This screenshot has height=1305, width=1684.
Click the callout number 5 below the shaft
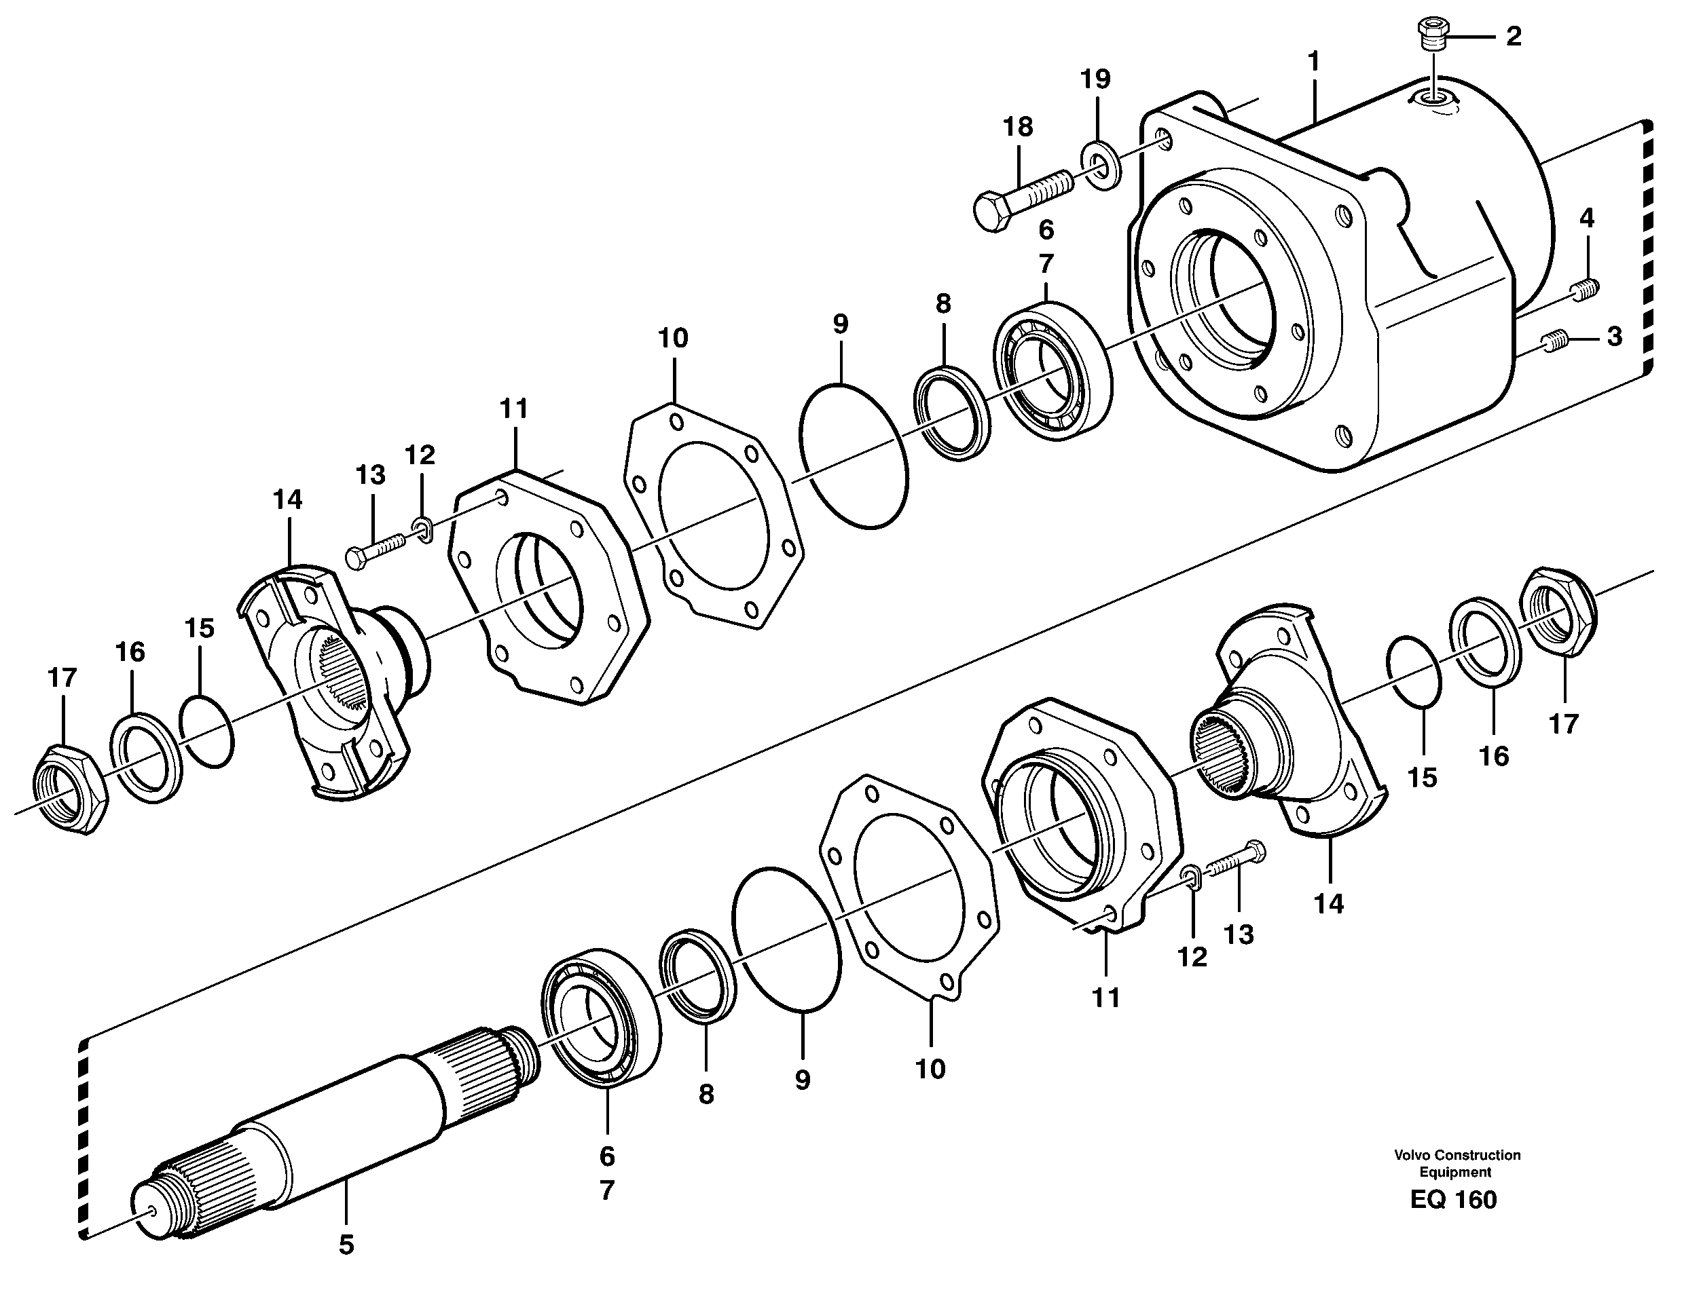click(346, 1243)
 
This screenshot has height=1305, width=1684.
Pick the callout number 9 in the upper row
click(840, 324)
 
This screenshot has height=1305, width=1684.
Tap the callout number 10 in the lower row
click(930, 1068)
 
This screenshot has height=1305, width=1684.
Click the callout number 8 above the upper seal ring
click(943, 304)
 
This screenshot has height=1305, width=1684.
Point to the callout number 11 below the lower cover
click(1105, 998)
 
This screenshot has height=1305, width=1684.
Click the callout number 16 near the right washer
click(1494, 756)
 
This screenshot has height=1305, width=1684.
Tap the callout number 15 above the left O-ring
click(199, 628)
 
